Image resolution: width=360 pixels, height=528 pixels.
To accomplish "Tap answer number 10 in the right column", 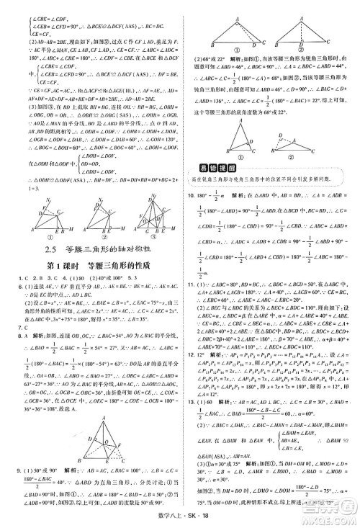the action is click(x=191, y=194).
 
